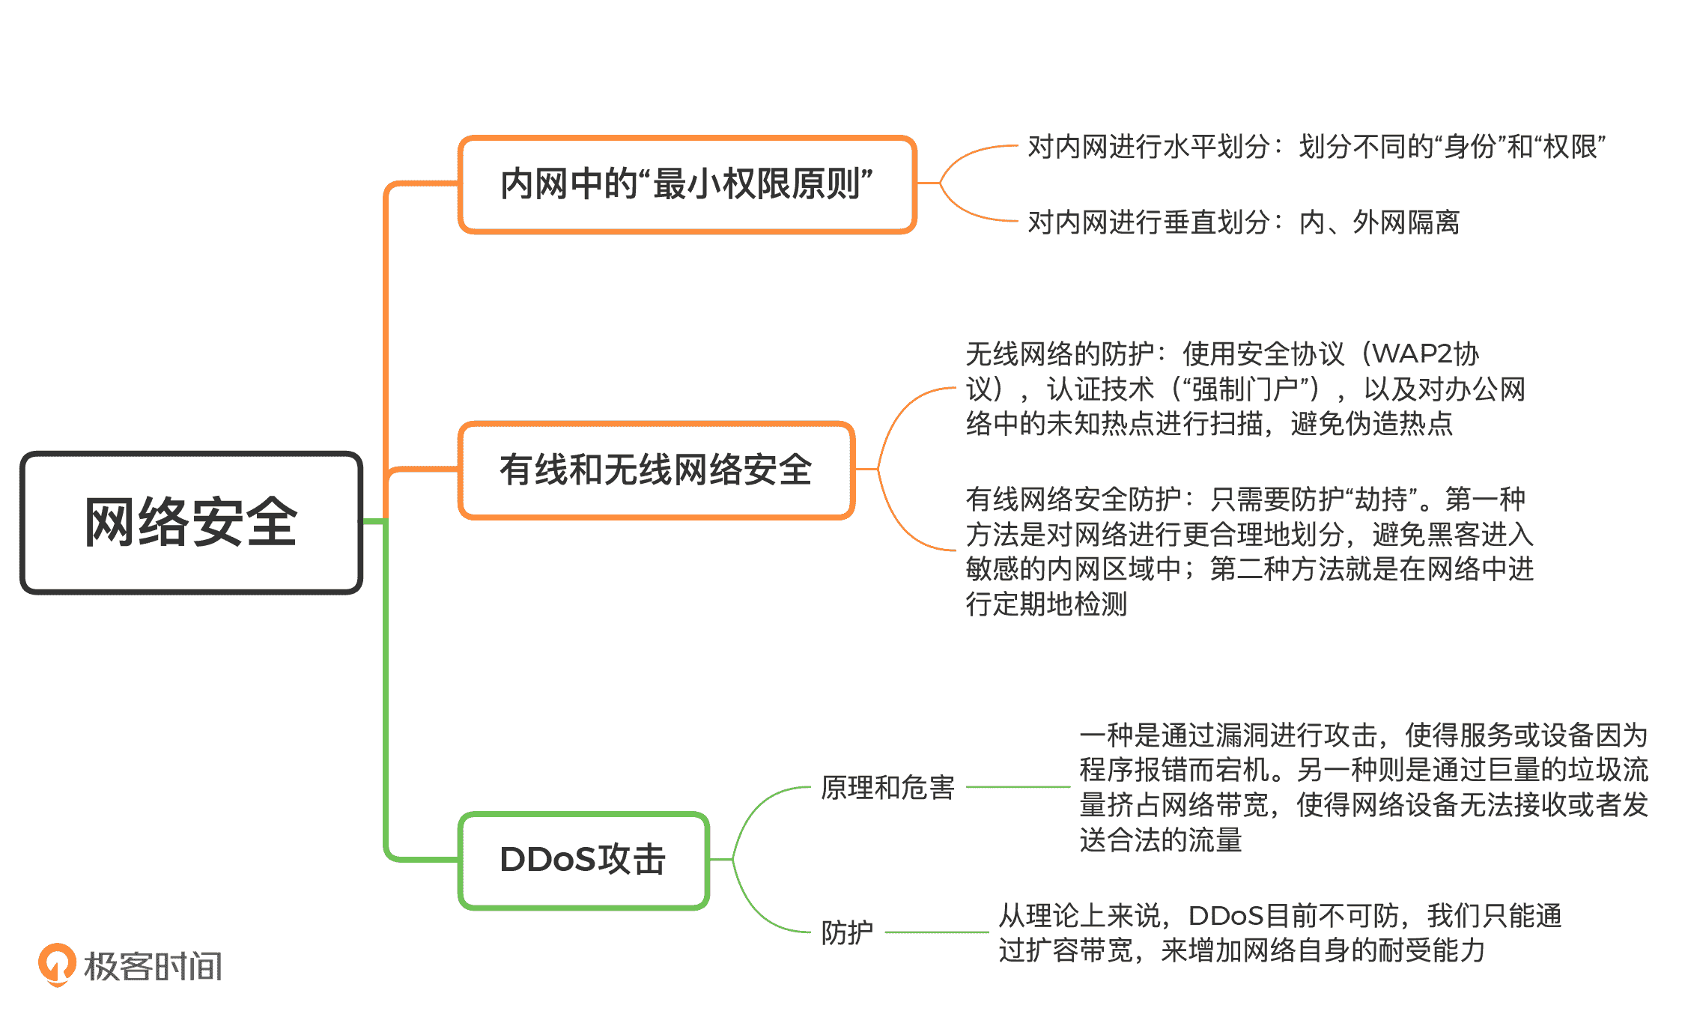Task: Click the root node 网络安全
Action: point(191,523)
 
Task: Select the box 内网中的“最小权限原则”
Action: point(687,184)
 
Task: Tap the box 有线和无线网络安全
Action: point(656,470)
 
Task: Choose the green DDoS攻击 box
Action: point(583,860)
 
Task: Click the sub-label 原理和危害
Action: point(887,788)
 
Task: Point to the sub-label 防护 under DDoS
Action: point(847,932)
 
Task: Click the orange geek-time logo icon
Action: point(57,964)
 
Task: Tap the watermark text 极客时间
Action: point(154,966)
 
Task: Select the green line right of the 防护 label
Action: point(936,932)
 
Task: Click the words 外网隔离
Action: point(1406,222)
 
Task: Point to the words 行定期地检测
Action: point(1046,604)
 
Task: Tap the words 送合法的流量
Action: point(1160,840)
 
